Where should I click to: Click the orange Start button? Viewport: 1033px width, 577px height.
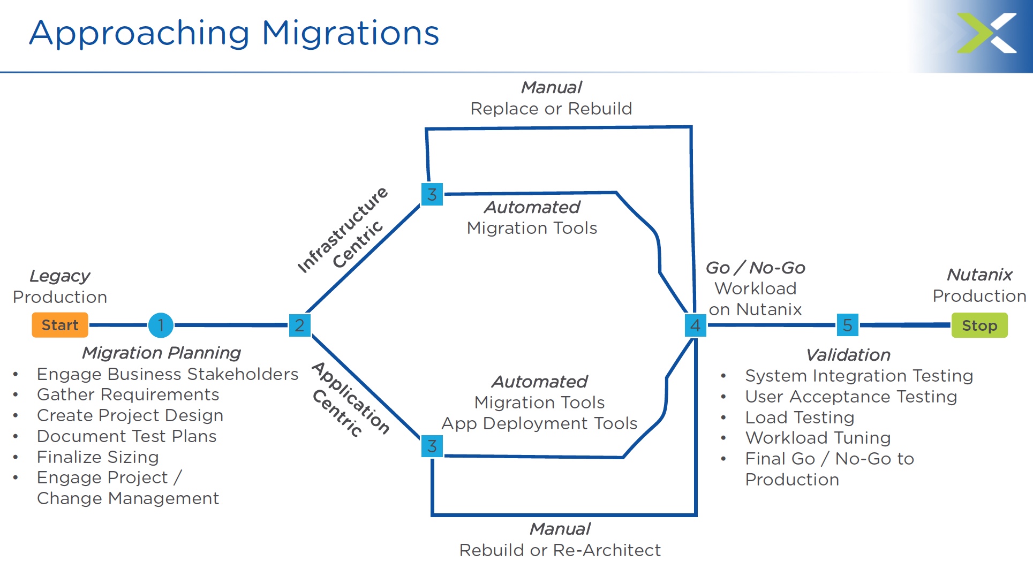coord(60,325)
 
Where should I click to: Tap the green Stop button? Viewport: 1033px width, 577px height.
coord(979,325)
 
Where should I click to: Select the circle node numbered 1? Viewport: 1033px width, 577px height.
coord(161,325)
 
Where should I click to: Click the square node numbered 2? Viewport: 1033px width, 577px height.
coord(299,325)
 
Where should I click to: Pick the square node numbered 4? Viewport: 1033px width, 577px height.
coord(695,325)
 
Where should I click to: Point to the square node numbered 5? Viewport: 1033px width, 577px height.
coord(847,325)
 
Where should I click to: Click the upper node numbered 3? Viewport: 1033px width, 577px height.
coord(432,194)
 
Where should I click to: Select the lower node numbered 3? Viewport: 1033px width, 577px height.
coord(432,446)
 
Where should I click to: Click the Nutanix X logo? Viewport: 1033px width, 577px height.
coord(986,33)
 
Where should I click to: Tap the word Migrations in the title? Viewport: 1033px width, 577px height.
coord(350,33)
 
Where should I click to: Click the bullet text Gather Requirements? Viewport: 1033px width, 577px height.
coord(128,394)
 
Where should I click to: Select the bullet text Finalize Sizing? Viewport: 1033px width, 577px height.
coord(97,457)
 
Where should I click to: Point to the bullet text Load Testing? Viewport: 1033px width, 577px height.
coord(800,417)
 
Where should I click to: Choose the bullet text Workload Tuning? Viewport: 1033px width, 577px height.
coord(818,438)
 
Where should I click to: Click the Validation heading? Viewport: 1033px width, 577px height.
coord(848,355)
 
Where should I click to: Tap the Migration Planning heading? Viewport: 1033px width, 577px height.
coord(161,353)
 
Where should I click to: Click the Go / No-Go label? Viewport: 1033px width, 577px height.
coord(755,268)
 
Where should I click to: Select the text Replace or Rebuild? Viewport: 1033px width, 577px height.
coord(551,109)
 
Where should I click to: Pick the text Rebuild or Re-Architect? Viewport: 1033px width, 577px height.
coord(560,550)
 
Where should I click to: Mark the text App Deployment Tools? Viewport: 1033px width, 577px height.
coord(539,423)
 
